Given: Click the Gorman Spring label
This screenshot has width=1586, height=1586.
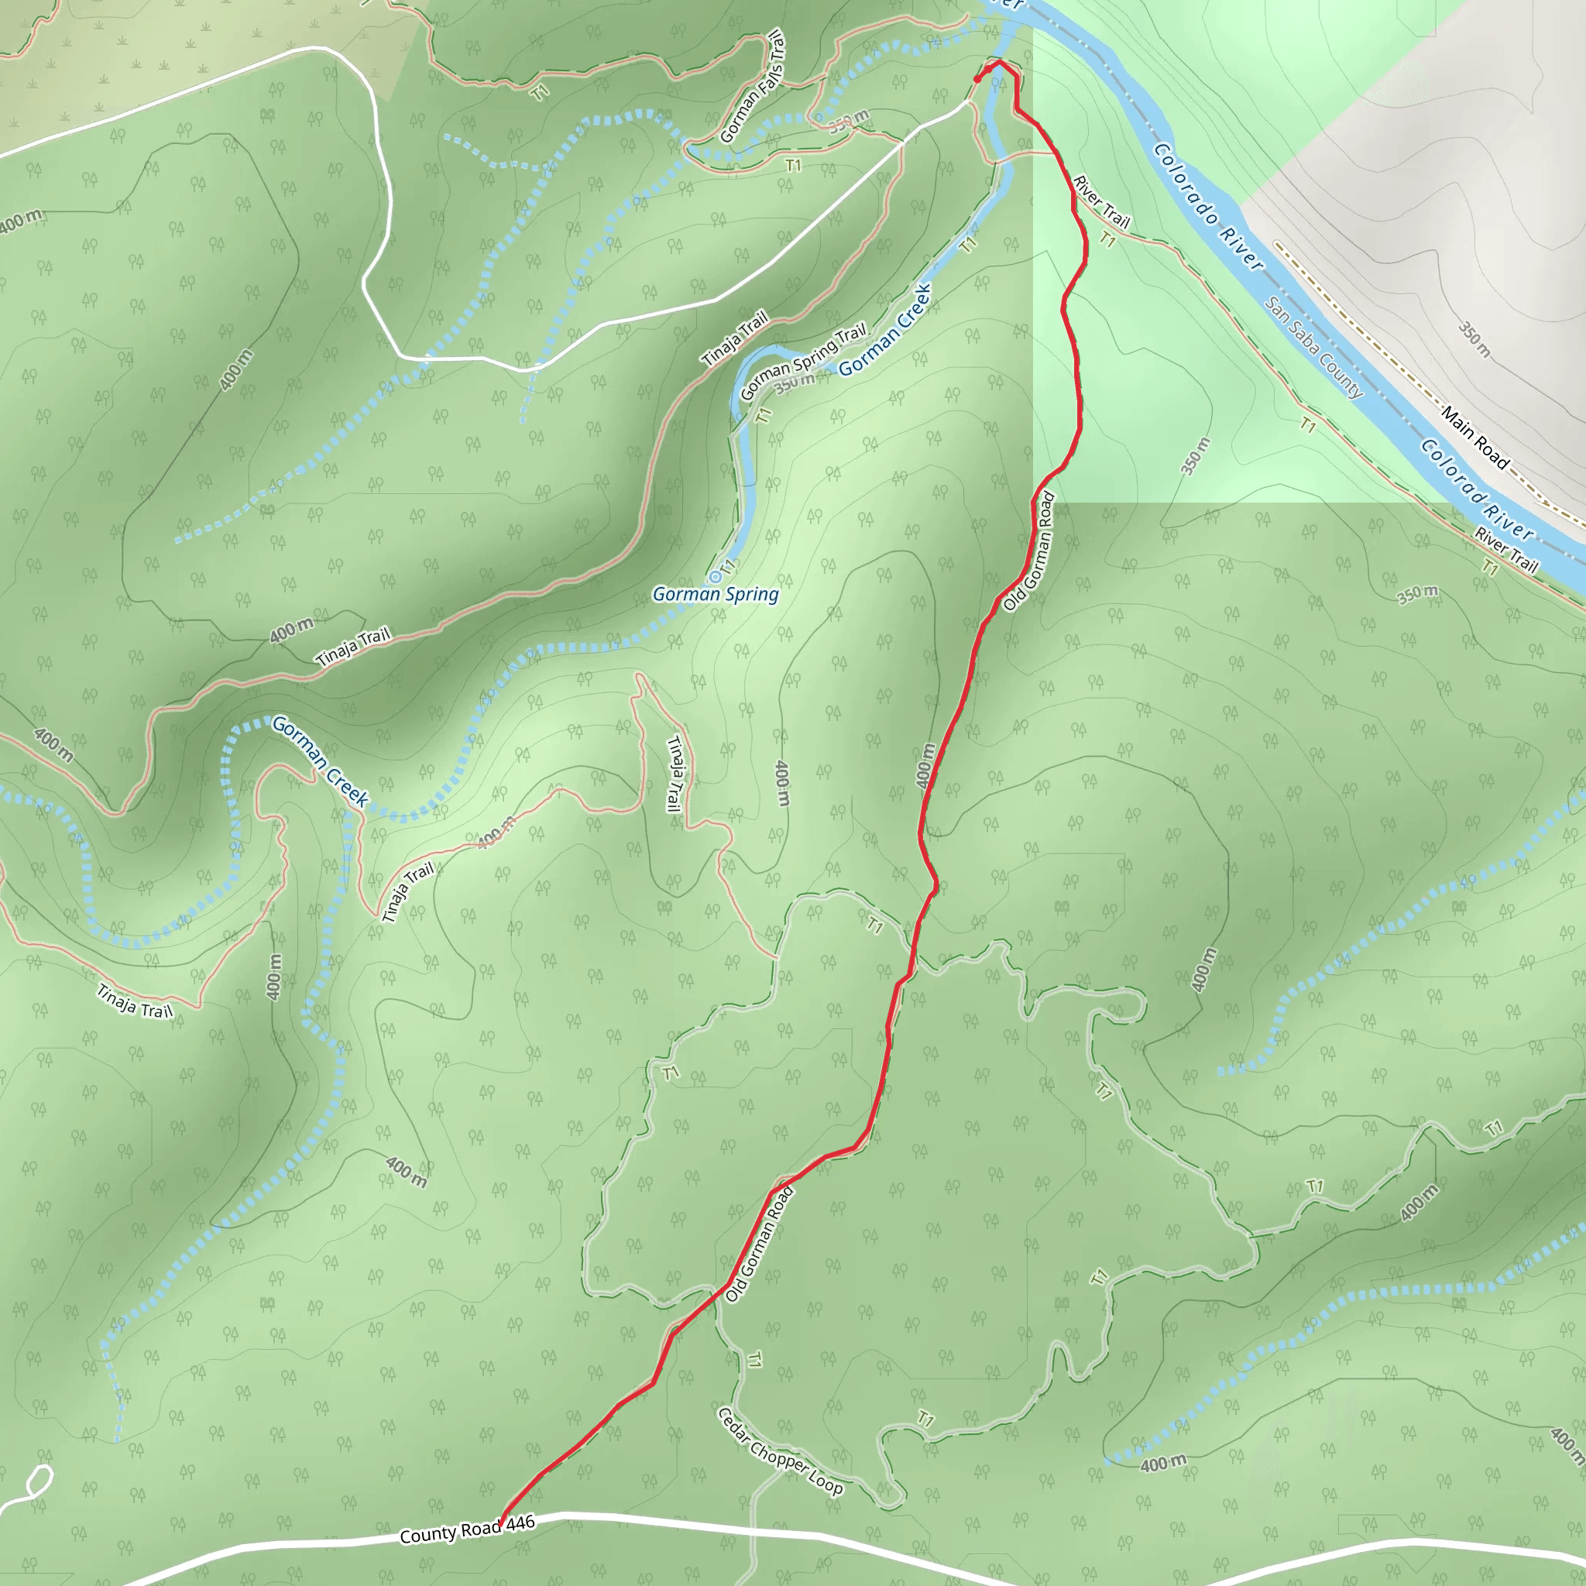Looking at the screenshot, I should [715, 594].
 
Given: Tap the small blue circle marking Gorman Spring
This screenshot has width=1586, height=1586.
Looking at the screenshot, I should [716, 577].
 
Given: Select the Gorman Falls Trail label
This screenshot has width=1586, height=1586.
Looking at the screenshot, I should [752, 87].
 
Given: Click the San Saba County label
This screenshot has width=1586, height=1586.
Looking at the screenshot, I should [1313, 347].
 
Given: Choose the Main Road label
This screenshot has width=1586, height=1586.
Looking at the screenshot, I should [1475, 438].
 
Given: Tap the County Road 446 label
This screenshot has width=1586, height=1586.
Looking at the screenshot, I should [467, 1529].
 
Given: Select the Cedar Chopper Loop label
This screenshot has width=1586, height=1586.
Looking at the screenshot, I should [780, 1450].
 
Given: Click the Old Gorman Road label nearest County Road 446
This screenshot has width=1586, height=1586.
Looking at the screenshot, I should [760, 1244].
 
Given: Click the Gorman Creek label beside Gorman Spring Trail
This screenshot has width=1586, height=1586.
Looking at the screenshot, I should [885, 329].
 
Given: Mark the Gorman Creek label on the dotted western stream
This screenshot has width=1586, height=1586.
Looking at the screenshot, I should [320, 760].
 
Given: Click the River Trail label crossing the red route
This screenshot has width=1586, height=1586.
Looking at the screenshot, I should [1102, 202].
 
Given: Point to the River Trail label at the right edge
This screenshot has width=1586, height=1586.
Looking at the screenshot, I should [1506, 549].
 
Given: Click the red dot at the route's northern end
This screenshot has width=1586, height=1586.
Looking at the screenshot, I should [977, 79].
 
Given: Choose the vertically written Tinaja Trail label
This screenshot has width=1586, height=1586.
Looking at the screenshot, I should [675, 774].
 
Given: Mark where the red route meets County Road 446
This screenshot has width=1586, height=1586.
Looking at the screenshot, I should [502, 1523].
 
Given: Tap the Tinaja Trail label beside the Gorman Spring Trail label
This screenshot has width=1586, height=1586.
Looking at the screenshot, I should [735, 338].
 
